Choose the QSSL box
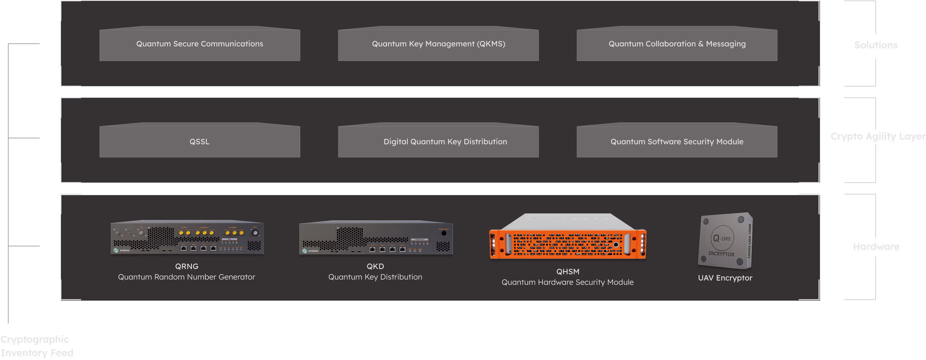[x=200, y=142]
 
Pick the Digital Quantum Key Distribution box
[x=438, y=142]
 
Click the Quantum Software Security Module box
[x=677, y=142]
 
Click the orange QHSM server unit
[x=568, y=239]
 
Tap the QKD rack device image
[x=376, y=238]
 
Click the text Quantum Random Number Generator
[x=186, y=277]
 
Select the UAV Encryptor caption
[x=725, y=278]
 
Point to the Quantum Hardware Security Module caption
[x=567, y=282]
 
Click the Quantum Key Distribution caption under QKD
[x=375, y=277]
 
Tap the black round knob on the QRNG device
[x=255, y=233]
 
